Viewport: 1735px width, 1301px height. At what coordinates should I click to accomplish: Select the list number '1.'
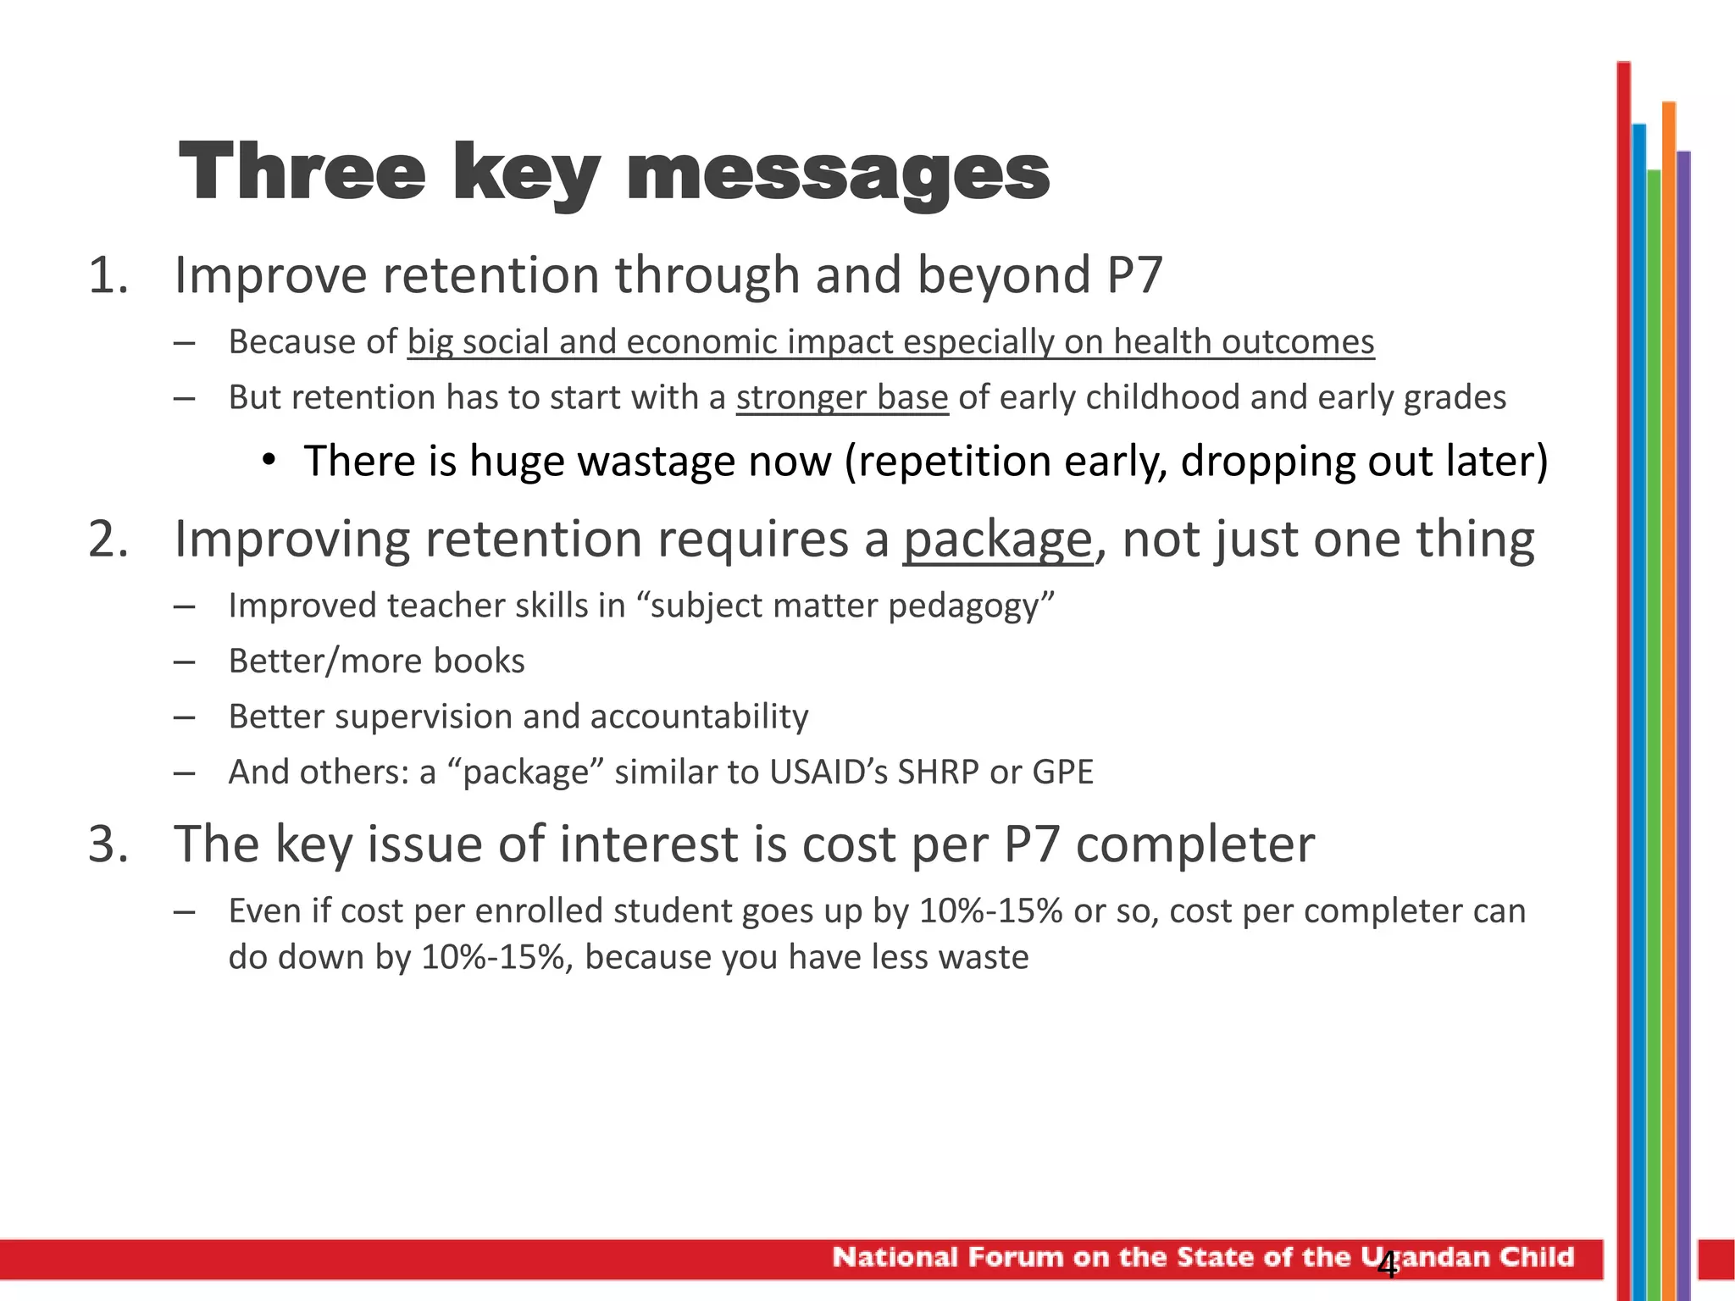pyautogui.click(x=108, y=276)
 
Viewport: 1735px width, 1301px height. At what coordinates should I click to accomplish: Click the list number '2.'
pyautogui.click(x=108, y=540)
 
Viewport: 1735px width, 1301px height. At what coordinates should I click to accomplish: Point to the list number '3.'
pyautogui.click(x=108, y=844)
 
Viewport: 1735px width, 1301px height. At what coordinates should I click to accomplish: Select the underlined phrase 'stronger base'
pyautogui.click(x=841, y=398)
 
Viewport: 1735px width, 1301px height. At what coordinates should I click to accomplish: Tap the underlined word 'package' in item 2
pyautogui.click(x=997, y=540)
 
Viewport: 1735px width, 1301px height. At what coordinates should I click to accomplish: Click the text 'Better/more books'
pyautogui.click(x=376, y=662)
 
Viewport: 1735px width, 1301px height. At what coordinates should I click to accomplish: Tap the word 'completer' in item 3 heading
pyautogui.click(x=1195, y=844)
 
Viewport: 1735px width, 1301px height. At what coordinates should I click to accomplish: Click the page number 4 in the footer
pyautogui.click(x=1387, y=1265)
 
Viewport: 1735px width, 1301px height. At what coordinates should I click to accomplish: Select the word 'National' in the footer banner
pyautogui.click(x=895, y=1257)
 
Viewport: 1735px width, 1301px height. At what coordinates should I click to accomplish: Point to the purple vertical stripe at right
pyautogui.click(x=1683, y=678)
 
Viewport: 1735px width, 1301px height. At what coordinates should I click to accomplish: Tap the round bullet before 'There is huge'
pyautogui.click(x=269, y=461)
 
